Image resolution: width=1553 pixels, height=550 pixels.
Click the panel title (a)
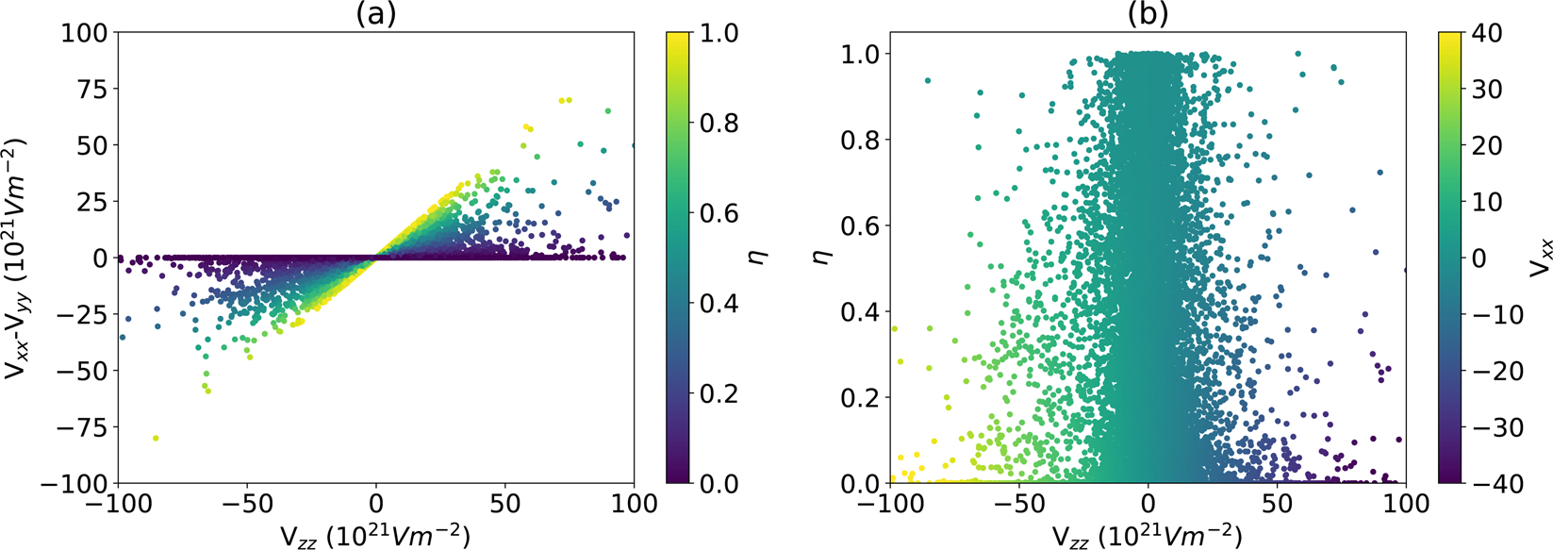375,13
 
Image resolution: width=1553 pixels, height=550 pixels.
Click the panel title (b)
1148,13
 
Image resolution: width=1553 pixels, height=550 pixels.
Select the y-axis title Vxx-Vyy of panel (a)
17,258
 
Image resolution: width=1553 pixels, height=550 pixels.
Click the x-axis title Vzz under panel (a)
375,535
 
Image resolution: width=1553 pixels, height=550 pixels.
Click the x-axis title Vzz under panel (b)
1148,535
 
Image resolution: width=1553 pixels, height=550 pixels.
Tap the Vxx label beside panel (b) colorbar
1536,258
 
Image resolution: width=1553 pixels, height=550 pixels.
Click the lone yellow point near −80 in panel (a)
156,438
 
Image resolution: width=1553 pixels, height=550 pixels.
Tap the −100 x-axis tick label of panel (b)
886,504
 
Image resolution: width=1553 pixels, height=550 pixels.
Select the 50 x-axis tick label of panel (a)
504,504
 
